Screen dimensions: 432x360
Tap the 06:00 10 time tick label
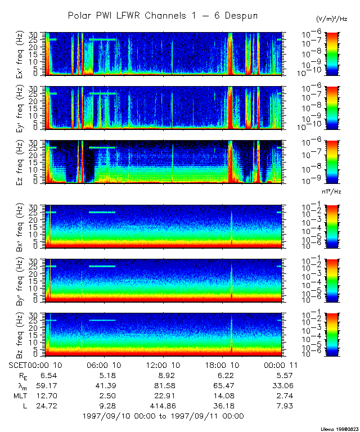coord(102,364)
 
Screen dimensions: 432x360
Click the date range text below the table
coord(163,416)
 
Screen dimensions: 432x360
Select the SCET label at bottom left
coord(19,364)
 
